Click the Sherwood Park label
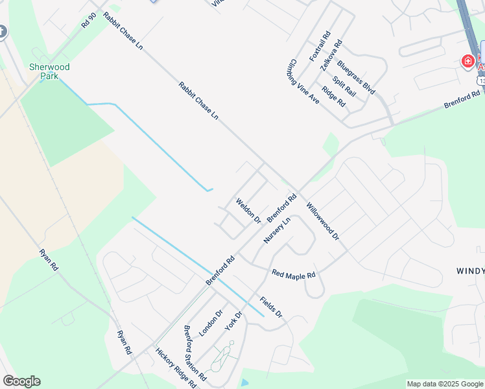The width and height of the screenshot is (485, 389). [x=49, y=71]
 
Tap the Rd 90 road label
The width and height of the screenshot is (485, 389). [x=89, y=20]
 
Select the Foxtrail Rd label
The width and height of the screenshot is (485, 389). [x=320, y=46]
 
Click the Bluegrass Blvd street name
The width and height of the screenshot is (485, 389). [x=357, y=78]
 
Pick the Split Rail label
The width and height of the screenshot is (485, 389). [x=344, y=87]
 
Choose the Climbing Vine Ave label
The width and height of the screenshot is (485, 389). [x=303, y=84]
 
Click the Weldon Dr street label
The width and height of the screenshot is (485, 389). [x=248, y=211]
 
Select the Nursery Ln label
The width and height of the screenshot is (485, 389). [x=277, y=230]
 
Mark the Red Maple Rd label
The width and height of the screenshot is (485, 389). [x=294, y=274]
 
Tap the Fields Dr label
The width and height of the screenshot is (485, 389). [x=271, y=307]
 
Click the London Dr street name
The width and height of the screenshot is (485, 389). [x=211, y=322]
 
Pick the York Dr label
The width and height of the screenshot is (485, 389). [x=233, y=322]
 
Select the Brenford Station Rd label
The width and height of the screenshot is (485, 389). [x=195, y=353]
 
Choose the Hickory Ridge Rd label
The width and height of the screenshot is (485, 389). [x=176, y=368]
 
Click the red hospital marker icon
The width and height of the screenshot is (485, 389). [x=467, y=62]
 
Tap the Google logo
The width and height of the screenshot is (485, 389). [x=21, y=381]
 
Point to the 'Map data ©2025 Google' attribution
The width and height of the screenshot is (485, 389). [x=445, y=384]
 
